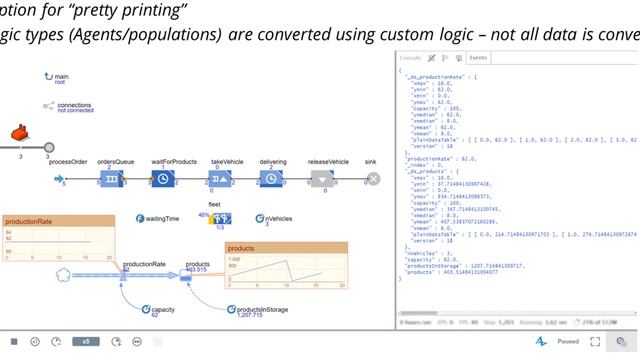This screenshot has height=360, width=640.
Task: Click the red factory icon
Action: tap(18, 133)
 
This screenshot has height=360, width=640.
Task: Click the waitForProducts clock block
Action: tap(163, 179)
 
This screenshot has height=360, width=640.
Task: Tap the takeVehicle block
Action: tap(217, 179)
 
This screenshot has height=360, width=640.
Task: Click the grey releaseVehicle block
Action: tap(321, 179)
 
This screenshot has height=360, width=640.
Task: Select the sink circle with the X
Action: tap(373, 179)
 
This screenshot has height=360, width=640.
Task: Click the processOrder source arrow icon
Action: tap(58, 179)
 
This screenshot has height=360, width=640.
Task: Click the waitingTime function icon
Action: tap(140, 217)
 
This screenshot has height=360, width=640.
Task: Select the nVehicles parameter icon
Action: tap(259, 217)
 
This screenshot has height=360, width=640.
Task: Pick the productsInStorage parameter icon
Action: tap(231, 310)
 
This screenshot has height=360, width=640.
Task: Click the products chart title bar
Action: tap(286, 247)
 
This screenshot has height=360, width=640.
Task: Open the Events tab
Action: tap(478, 58)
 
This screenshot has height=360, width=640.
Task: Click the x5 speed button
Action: tap(86, 341)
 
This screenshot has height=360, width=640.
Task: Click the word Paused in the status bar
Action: tap(568, 341)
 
